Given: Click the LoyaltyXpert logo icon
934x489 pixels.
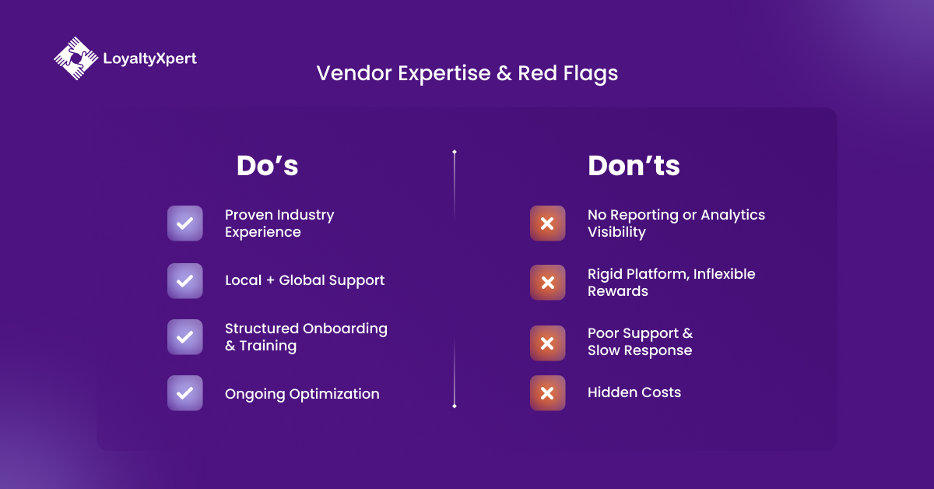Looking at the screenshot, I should pos(75,58).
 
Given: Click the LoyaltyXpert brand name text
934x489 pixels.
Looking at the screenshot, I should pos(149,58).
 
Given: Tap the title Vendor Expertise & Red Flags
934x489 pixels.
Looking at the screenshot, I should pos(467,73).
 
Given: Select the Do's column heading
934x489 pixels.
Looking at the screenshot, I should pos(267,166).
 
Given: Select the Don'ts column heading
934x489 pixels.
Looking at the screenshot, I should pos(634,166).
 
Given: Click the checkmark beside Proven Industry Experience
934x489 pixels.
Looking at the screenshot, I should pos(185,223).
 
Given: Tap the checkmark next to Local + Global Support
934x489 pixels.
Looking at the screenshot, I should pos(185,280).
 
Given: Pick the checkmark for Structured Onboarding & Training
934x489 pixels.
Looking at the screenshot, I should pos(185,337).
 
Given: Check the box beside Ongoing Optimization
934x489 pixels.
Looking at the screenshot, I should pos(185,393).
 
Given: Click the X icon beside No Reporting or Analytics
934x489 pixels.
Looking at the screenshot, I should pos(547,223).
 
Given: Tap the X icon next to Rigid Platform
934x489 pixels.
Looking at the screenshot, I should pos(547,283).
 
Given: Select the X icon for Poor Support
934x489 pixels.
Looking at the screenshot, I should pos(547,343).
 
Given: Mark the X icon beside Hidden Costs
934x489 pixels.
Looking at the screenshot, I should pos(547,393).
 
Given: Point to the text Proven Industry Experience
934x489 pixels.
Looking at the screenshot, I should pos(279,223).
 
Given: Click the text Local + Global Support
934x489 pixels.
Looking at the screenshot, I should pos(304,280).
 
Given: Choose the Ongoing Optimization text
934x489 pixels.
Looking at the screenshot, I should pos(302,394).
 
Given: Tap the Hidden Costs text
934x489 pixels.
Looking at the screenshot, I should pos(634,392).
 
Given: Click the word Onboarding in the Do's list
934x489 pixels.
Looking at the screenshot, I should pos(345,329).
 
